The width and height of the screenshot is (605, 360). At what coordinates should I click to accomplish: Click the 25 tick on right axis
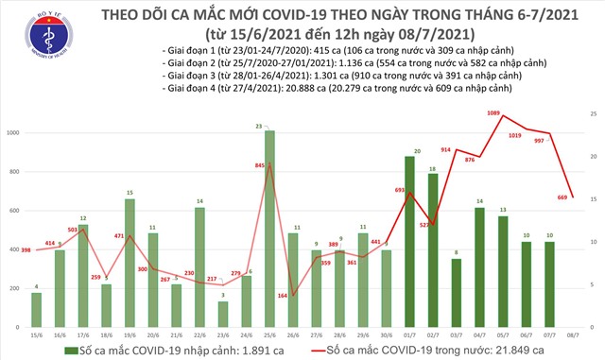tap(591, 113)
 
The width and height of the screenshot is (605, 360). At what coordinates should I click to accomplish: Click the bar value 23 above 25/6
tap(269, 126)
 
